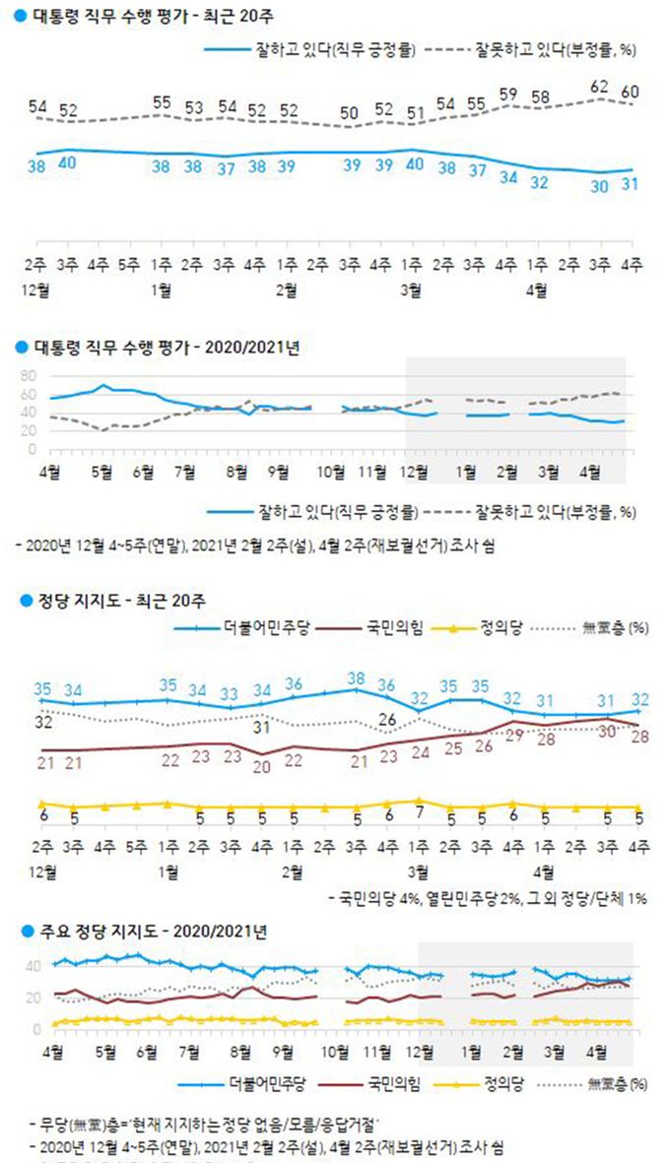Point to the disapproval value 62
pyautogui.click(x=599, y=87)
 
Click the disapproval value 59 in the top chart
pyautogui.click(x=508, y=94)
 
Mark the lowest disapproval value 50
pyautogui.click(x=350, y=112)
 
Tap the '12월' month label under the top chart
pyautogui.click(x=41, y=289)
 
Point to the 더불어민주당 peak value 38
pyautogui.click(x=357, y=678)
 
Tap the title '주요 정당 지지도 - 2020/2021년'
pyautogui.click(x=137, y=931)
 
